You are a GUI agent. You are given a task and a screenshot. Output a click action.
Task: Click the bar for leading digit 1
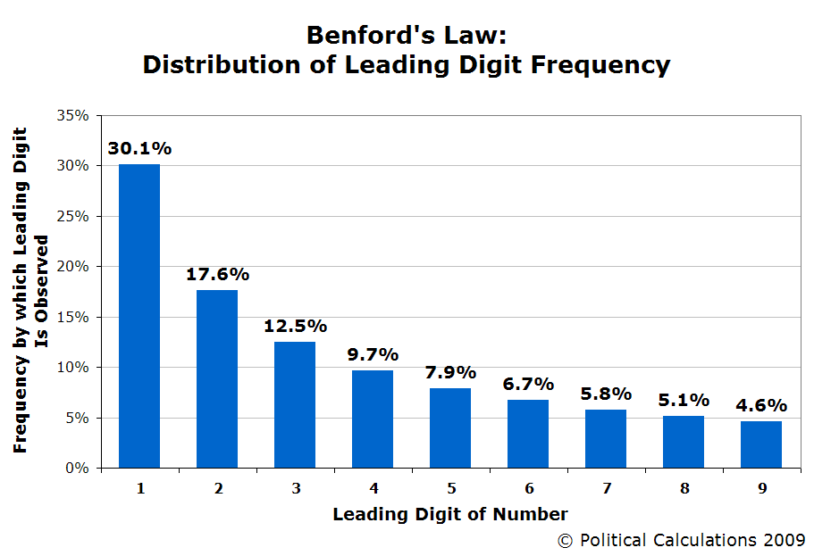(139, 316)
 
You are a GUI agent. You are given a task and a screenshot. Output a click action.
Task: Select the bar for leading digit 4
(373, 419)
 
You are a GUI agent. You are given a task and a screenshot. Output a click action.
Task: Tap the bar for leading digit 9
(761, 444)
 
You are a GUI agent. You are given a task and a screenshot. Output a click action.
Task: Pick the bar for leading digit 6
(528, 434)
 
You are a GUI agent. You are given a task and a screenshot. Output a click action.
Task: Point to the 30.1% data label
(139, 149)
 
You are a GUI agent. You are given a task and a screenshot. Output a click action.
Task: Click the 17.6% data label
(217, 275)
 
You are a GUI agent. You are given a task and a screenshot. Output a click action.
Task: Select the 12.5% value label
(295, 327)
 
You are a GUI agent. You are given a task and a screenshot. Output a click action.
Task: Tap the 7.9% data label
(450, 373)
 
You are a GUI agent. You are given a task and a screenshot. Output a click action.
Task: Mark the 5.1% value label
(684, 401)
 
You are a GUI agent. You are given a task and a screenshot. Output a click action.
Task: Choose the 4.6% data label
(761, 406)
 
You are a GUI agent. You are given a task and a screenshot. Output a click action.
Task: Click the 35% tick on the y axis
(73, 116)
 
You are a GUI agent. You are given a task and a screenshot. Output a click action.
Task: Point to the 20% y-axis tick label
(73, 267)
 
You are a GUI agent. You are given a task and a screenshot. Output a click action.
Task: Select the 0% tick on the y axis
(77, 468)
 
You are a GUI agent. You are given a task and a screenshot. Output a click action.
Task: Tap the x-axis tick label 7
(606, 488)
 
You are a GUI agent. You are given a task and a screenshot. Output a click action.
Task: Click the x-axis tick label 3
(295, 488)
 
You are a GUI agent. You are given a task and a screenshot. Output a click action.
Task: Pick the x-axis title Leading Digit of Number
(449, 514)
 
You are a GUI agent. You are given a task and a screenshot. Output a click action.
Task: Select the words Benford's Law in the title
(407, 35)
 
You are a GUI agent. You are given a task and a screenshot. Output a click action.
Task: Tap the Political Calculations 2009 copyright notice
(682, 540)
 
